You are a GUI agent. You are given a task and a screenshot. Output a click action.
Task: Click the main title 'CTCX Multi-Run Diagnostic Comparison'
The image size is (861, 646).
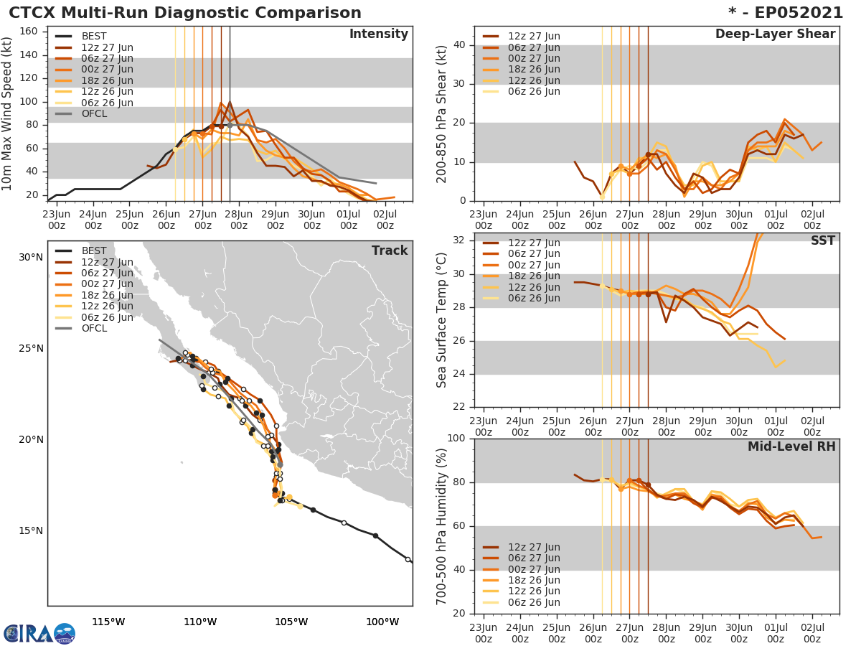point(185,13)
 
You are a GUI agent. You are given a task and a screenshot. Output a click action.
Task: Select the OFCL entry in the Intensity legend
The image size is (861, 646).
point(94,114)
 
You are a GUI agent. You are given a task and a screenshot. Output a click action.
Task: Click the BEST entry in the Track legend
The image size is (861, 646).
point(93,251)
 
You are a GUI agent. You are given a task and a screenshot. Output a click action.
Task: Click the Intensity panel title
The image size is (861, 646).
point(378,34)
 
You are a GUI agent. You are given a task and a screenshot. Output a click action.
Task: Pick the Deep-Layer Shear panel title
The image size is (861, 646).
point(775,34)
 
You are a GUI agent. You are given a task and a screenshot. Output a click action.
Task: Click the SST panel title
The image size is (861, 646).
point(823,241)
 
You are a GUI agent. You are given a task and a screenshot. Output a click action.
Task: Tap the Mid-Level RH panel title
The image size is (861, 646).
point(791,446)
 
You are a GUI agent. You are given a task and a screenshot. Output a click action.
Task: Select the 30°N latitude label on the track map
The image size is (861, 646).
point(30,257)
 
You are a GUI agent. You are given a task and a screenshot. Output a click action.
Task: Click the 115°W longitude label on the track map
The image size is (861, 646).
point(108,622)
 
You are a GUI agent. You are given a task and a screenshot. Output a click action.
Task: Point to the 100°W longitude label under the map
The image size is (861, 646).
point(382,622)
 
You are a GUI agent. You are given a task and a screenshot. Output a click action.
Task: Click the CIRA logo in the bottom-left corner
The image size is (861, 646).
point(39,633)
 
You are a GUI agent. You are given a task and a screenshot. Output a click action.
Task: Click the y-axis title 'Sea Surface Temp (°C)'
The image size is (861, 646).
point(442,319)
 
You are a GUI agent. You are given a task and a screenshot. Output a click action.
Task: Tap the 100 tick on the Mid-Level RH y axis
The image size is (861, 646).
point(458,438)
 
